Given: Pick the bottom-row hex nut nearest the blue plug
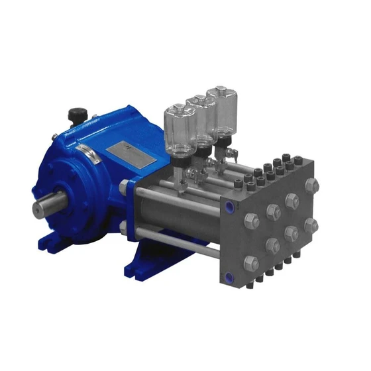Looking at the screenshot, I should point(252,264).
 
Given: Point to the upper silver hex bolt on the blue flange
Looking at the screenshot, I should point(124,188).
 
